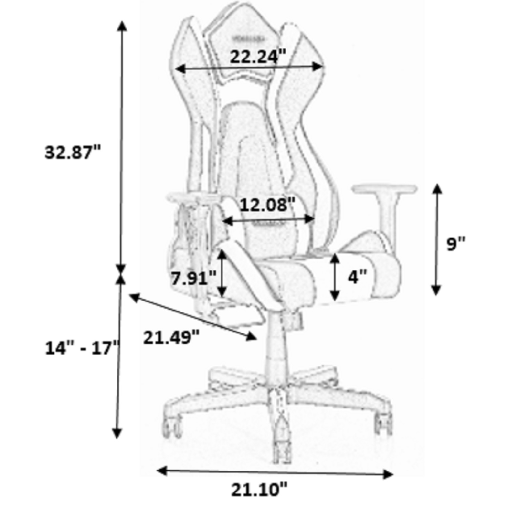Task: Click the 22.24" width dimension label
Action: pos(258,57)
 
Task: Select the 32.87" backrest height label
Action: pos(73,152)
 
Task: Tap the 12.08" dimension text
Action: pos(268,205)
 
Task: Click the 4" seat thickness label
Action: pos(357,277)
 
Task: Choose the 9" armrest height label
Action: pos(456,244)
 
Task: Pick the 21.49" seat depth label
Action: pos(171,337)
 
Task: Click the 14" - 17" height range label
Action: pos(83,348)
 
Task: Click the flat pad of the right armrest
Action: pos(384,189)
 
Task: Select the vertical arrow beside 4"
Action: pos(335,277)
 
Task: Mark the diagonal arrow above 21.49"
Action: pos(192,317)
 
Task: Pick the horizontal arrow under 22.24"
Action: pos(249,68)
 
